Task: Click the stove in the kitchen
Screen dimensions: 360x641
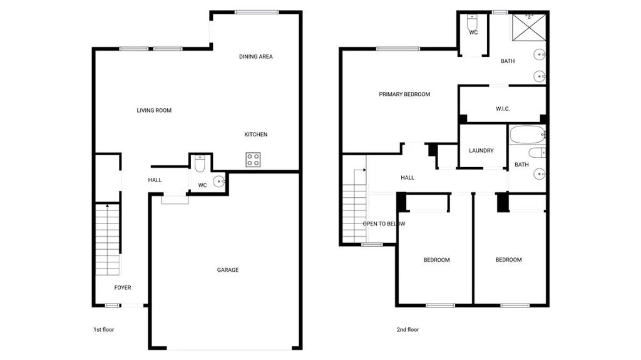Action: (253, 160)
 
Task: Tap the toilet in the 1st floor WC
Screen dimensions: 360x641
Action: (200, 164)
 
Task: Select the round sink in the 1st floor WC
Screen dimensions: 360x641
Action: (218, 182)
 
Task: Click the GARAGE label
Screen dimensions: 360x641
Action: (228, 270)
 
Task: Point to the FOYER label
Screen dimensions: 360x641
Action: (123, 287)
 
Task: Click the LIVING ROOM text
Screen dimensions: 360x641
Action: (154, 111)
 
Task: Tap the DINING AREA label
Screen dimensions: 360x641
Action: (256, 57)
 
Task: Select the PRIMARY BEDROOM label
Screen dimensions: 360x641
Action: (404, 95)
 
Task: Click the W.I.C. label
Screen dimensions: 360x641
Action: (503, 109)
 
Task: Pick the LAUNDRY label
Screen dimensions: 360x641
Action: (481, 151)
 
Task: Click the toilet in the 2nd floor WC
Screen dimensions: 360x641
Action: (473, 20)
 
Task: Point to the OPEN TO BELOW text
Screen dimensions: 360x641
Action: (384, 224)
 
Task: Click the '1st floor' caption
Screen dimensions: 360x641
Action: (104, 329)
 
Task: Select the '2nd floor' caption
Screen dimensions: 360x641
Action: (408, 329)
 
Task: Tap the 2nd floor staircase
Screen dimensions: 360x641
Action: (355, 207)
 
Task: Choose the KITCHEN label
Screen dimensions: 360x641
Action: (256, 135)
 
